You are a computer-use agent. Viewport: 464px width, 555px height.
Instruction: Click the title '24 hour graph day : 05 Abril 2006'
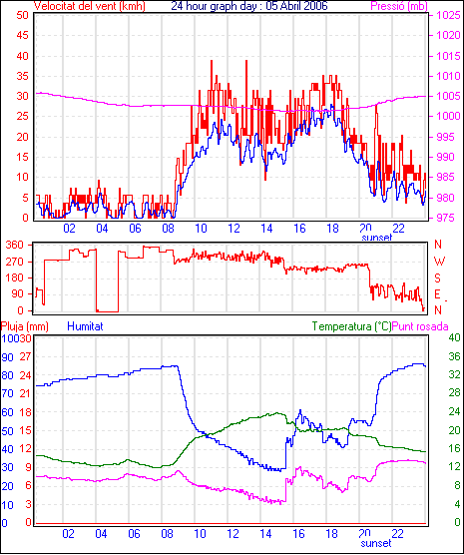click(x=249, y=6)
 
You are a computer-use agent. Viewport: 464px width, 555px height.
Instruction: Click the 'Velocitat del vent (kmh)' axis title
click(x=90, y=6)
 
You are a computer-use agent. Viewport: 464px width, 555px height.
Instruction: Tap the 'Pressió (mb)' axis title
click(x=399, y=6)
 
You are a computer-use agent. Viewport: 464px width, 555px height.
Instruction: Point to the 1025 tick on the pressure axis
click(x=448, y=15)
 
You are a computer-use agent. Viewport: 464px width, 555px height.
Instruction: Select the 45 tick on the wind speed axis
click(x=22, y=35)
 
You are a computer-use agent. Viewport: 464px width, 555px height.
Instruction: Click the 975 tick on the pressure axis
click(x=445, y=218)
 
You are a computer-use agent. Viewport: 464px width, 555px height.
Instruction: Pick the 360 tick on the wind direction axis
click(x=15, y=245)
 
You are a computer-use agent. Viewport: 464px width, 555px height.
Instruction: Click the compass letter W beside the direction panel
click(x=439, y=262)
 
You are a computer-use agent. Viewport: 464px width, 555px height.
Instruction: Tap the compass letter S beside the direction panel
click(x=437, y=278)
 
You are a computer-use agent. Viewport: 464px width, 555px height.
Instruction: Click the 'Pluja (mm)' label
click(x=25, y=326)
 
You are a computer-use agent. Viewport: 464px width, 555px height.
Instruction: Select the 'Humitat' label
click(x=85, y=326)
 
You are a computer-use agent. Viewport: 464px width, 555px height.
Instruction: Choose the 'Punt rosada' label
click(x=420, y=326)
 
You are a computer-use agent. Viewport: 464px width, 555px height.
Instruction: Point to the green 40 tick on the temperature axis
click(x=454, y=337)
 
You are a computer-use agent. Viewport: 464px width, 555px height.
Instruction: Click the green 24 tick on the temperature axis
click(x=454, y=411)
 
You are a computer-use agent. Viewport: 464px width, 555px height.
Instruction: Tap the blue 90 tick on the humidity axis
click(x=7, y=357)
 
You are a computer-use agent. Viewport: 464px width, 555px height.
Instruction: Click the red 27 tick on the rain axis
click(x=25, y=356)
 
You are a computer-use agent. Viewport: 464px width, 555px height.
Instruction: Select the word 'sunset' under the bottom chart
click(x=376, y=543)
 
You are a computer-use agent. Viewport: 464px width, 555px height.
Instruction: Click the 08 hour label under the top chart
click(x=168, y=229)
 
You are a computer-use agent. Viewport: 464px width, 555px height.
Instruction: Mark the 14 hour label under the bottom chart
click(x=265, y=533)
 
